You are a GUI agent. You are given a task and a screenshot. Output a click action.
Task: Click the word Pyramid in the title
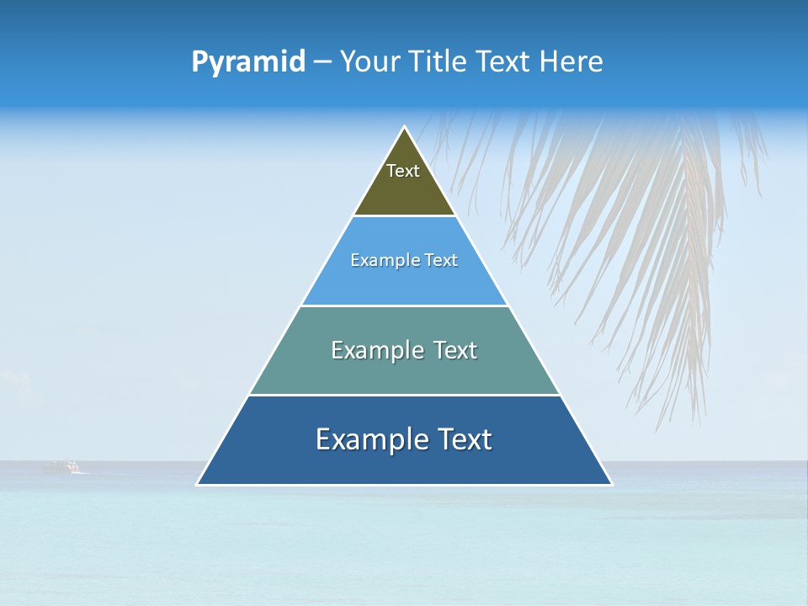point(248,62)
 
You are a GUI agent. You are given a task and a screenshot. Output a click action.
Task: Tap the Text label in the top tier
point(403,171)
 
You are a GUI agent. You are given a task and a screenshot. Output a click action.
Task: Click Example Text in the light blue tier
point(404,260)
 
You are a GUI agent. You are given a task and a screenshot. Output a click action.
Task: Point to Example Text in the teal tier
point(404,350)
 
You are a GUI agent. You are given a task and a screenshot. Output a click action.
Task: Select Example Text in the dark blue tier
point(404,439)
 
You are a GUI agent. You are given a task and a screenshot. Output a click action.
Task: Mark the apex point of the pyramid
point(405,128)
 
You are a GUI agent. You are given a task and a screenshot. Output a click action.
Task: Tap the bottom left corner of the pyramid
point(199,484)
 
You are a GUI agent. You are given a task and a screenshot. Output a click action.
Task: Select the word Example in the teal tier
point(375,350)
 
